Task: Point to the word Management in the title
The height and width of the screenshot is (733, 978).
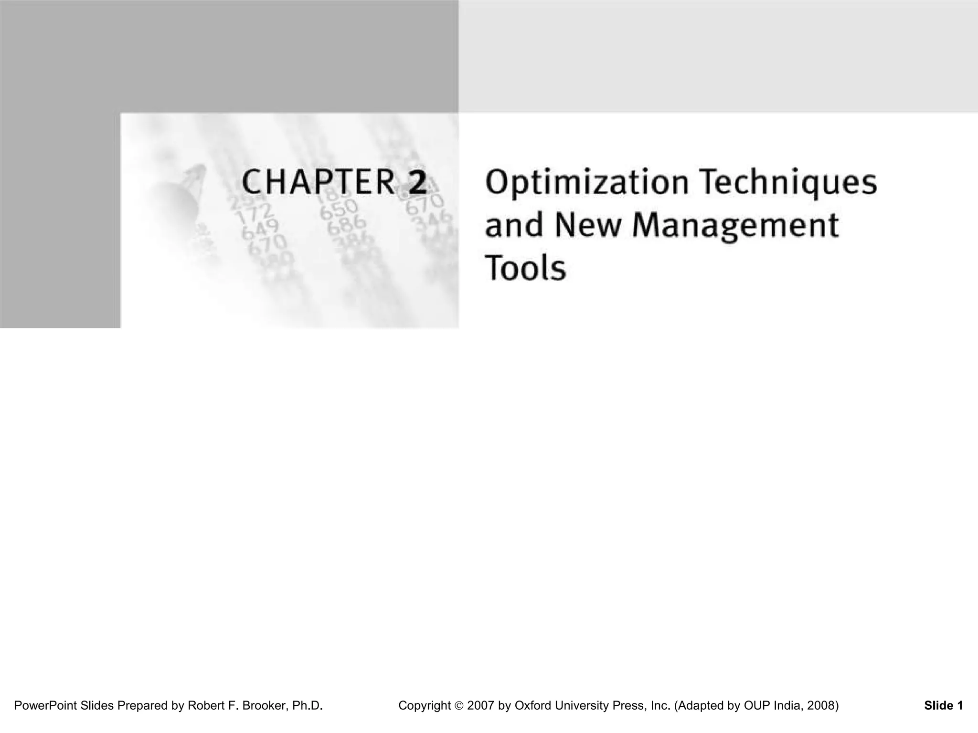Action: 735,226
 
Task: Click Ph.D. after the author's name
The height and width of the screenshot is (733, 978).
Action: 308,705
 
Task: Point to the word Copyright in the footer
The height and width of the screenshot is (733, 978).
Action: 425,705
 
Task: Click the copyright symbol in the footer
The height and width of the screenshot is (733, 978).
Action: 459,706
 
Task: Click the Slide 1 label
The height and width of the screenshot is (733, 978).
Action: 943,705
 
